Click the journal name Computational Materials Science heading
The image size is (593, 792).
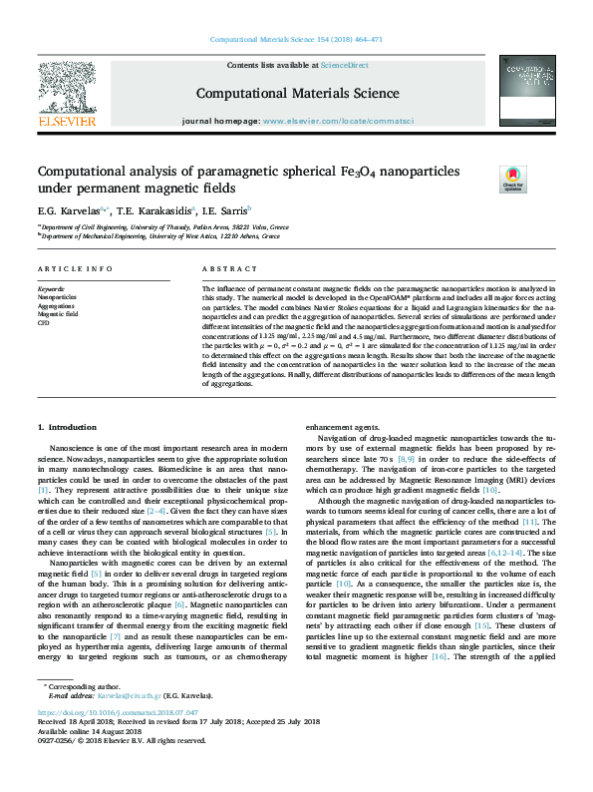297,94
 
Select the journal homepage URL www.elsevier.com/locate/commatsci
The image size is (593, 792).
337,121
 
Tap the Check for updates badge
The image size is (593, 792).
512,180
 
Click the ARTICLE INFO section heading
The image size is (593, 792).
75,269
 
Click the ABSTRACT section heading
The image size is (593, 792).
230,269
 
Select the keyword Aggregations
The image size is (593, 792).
58,305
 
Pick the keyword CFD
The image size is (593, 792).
44,323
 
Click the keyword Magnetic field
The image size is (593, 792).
59,314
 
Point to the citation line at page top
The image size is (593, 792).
297,40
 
